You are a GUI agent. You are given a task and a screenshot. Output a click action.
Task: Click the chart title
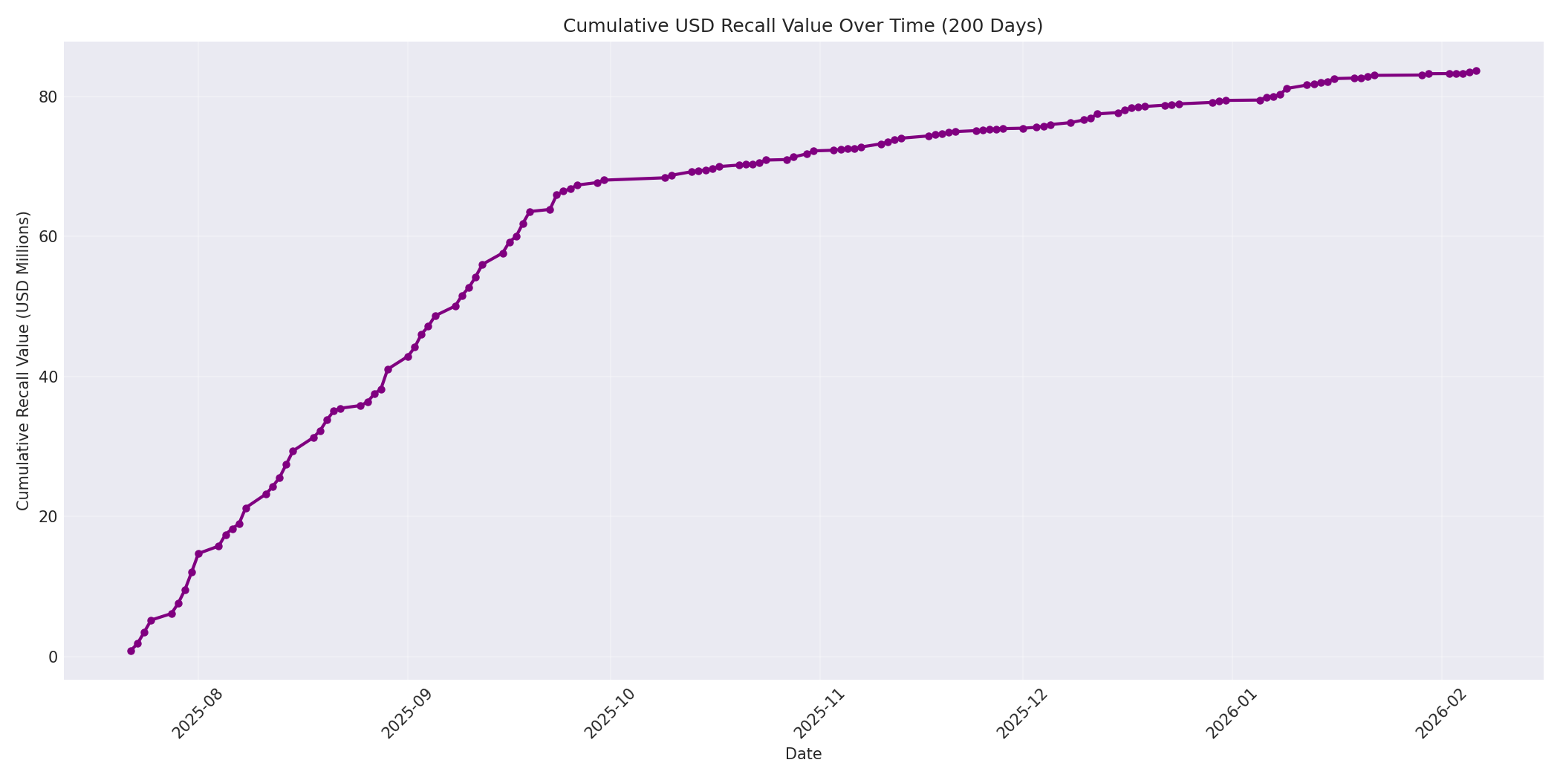802,26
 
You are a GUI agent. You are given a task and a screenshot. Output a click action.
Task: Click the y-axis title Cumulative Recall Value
23,360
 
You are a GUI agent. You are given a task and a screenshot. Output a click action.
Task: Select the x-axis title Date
803,754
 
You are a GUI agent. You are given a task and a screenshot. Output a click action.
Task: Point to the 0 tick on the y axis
53,657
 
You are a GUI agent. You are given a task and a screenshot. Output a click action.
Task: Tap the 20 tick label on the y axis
48,516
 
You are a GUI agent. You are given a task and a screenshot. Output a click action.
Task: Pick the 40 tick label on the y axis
48,377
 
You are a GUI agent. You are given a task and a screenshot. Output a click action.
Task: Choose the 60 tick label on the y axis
48,236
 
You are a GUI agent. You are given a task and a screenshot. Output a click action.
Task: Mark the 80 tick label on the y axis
48,97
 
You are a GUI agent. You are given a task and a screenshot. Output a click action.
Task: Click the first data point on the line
131,651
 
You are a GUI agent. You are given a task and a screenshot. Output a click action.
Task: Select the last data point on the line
1476,71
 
